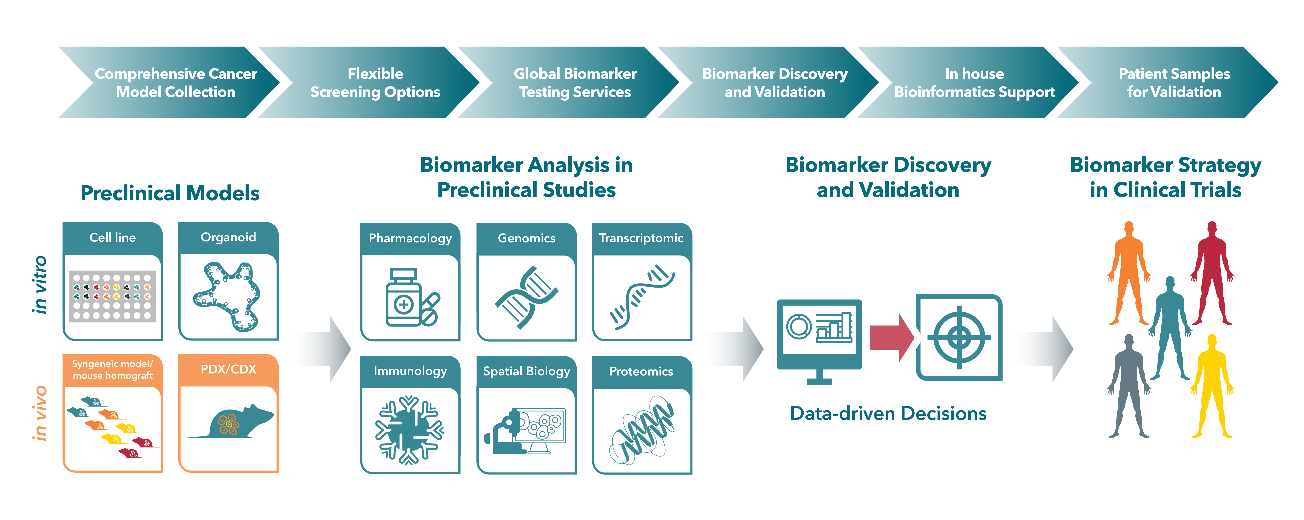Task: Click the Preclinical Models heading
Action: pyautogui.click(x=170, y=193)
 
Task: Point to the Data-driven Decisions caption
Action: pyautogui.click(x=888, y=413)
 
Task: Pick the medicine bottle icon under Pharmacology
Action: pyautogui.click(x=412, y=298)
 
